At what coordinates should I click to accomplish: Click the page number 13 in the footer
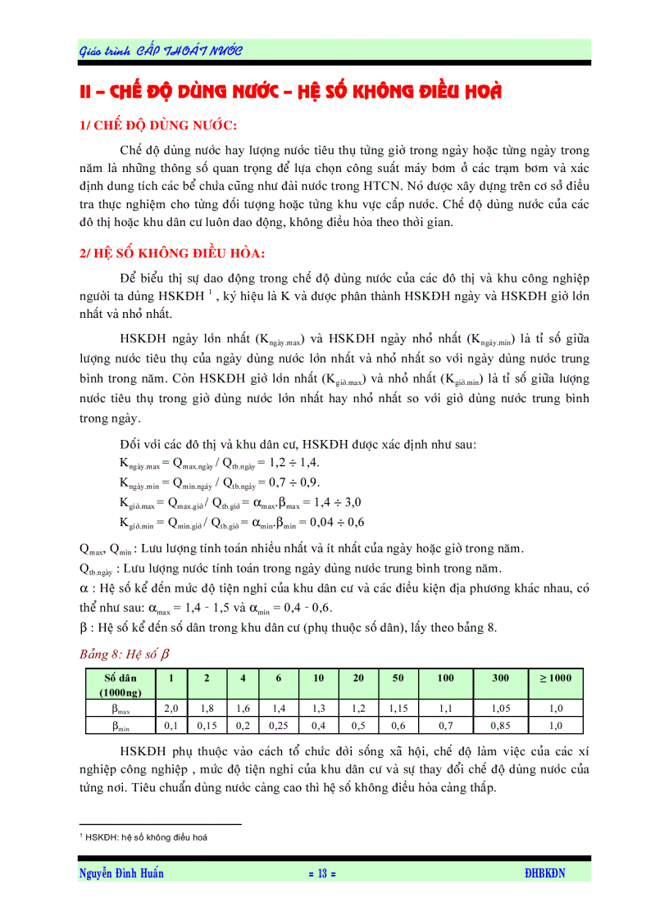pos(322,873)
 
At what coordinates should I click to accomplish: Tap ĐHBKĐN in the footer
pos(544,873)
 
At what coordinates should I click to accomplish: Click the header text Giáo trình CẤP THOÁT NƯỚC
pos(161,51)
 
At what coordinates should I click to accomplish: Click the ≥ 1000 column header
pos(555,678)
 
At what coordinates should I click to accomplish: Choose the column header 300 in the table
pos(500,678)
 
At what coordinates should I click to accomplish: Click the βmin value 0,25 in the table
pos(279,726)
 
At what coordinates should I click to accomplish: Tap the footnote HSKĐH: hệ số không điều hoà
pos(144,837)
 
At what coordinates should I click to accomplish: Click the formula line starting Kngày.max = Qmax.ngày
pos(232,463)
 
